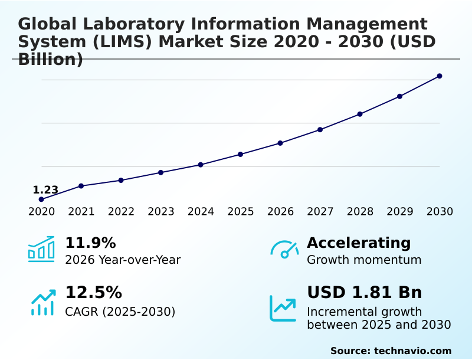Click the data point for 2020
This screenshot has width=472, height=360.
(x=41, y=199)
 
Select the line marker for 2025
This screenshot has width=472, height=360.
(x=240, y=155)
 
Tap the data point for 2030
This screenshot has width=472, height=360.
(x=440, y=76)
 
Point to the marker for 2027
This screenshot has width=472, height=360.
(x=320, y=130)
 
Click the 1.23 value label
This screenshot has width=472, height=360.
(x=45, y=190)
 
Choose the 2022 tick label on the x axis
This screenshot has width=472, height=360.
(x=121, y=212)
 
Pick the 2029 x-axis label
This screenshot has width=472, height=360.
(x=399, y=212)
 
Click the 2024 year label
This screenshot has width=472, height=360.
(x=201, y=212)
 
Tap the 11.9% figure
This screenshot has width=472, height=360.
(x=90, y=243)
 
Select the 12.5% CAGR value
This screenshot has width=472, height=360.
(x=93, y=293)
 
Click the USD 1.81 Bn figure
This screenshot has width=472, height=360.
(x=364, y=293)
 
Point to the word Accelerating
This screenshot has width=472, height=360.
(x=359, y=243)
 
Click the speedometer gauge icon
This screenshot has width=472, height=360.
(x=284, y=250)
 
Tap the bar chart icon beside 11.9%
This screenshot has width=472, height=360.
(x=41, y=250)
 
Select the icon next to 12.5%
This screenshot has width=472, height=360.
(x=42, y=302)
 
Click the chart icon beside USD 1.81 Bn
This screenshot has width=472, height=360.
(x=283, y=308)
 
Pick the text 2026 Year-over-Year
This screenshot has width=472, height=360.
(x=123, y=260)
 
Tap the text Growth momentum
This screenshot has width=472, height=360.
(x=364, y=260)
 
